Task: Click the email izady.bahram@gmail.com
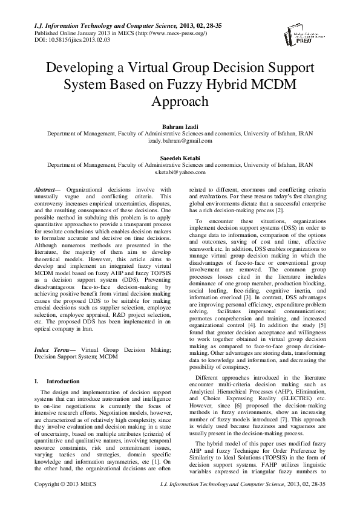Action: coord(180,140)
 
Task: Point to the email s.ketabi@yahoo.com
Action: coord(180,172)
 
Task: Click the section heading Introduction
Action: coord(63,381)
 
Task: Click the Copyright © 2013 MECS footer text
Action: coord(66,501)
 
